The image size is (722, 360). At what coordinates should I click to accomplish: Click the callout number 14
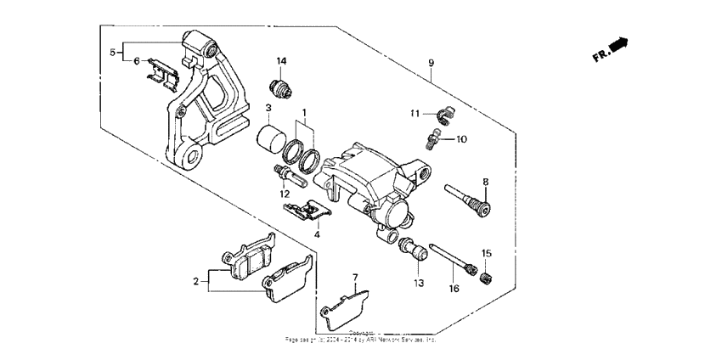pyautogui.click(x=281, y=61)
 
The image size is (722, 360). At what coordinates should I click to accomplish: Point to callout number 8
pyautogui.click(x=485, y=181)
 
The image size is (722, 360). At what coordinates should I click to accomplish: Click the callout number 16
pyautogui.click(x=454, y=289)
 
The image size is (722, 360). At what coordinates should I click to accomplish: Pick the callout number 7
pyautogui.click(x=355, y=277)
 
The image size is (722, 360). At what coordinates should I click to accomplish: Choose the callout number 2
pyautogui.click(x=195, y=281)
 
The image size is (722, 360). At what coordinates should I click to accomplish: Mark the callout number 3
pyautogui.click(x=268, y=108)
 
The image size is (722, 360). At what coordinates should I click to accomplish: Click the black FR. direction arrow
pyautogui.click(x=621, y=46)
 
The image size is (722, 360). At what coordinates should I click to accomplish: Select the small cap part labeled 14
pyautogui.click(x=281, y=86)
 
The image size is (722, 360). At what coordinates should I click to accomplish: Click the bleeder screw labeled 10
pyautogui.click(x=434, y=135)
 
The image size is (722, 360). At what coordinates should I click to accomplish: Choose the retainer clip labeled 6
pyautogui.click(x=163, y=70)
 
